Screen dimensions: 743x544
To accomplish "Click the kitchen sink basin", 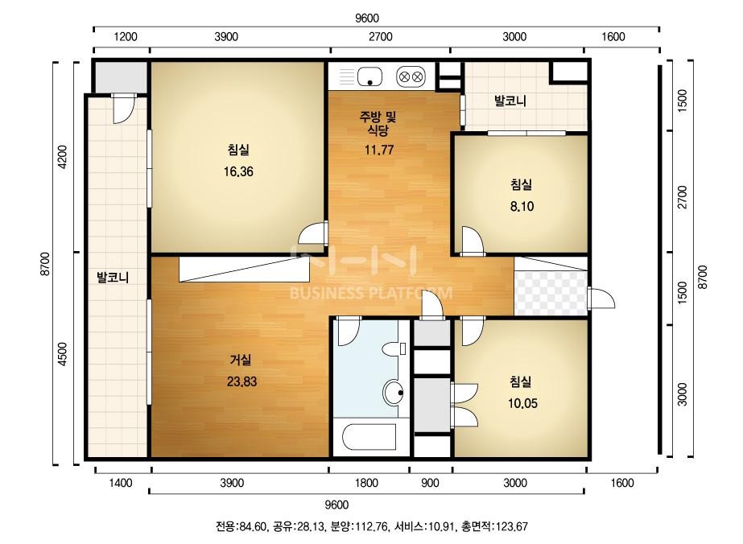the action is [369, 76].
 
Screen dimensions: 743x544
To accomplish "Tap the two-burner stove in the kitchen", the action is [411, 76].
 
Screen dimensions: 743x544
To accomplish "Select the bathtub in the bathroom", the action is [369, 437].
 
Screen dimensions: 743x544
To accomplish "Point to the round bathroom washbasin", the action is [392, 393].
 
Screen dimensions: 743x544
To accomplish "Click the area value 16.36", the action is [238, 171].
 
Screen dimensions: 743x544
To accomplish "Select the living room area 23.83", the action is [241, 381].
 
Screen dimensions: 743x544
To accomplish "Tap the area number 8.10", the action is [522, 206].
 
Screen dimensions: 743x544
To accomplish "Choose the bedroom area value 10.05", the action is [522, 403].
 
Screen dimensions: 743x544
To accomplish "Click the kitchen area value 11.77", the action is [379, 150].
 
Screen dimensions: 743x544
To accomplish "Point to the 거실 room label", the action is [241, 361].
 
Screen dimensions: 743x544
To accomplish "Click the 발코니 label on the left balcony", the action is [113, 277].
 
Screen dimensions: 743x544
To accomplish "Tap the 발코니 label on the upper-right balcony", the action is [510, 101].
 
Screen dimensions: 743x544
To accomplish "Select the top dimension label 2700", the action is [381, 37].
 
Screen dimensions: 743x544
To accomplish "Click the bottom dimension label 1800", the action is [367, 483].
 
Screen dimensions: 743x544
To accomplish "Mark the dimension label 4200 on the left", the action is [63, 157].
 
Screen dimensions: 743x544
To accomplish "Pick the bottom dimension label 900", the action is [430, 483].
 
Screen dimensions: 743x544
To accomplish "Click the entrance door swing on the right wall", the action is [601, 299].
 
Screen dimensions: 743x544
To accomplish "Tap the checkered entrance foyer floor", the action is [551, 293].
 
